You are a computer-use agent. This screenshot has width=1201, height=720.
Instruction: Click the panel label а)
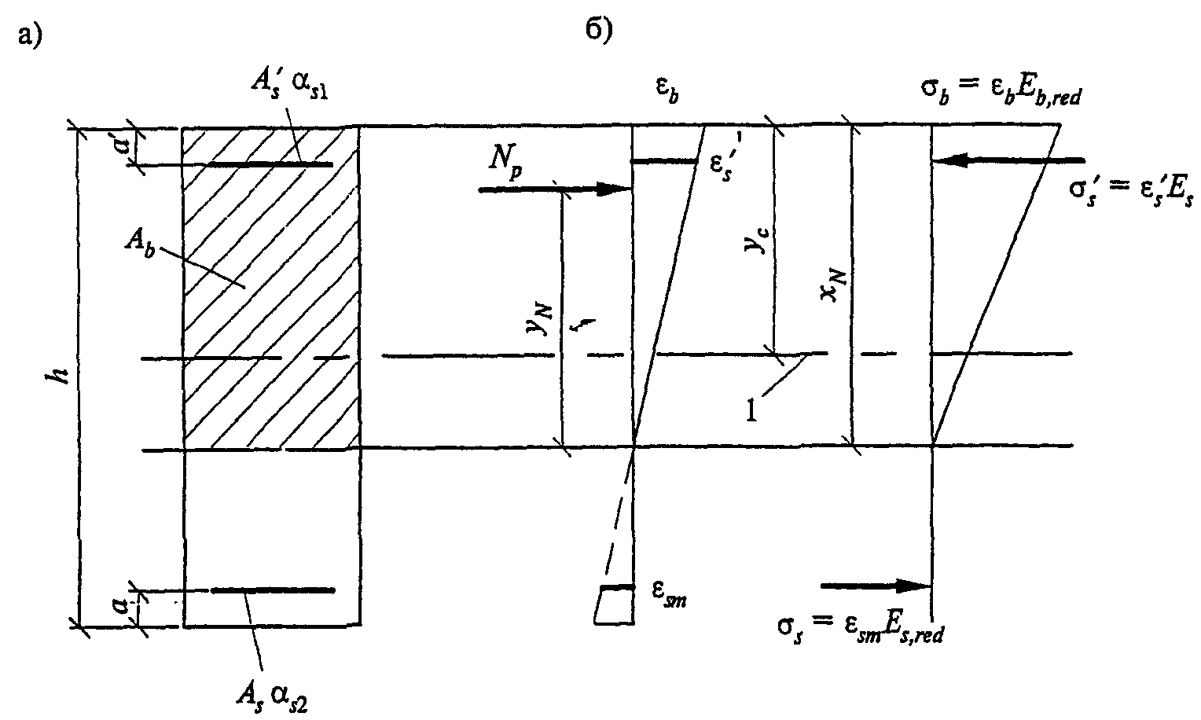30,35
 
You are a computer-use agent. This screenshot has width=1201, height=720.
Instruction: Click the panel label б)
599,31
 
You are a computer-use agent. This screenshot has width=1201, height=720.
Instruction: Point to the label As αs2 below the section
272,697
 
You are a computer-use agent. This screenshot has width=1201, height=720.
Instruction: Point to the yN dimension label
541,320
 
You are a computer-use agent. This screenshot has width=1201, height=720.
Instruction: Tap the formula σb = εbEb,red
1001,90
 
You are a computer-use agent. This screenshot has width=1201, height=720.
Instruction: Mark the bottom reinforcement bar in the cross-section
273,590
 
